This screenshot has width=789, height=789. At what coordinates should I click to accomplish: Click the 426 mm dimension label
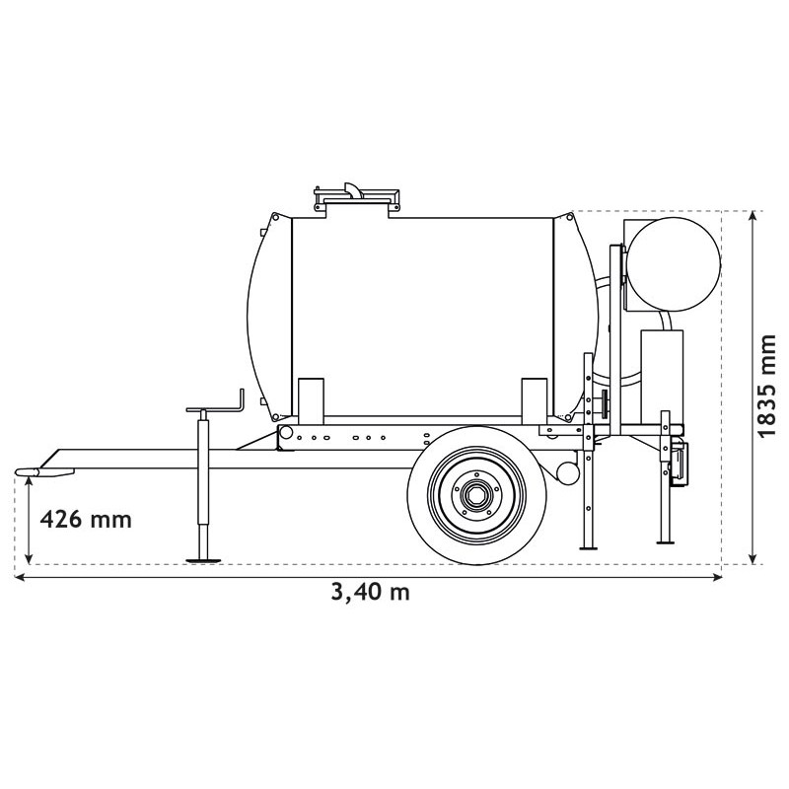point(83,519)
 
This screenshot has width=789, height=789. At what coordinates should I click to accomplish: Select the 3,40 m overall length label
point(370,592)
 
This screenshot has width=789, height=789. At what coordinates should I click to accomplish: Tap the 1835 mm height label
point(767,386)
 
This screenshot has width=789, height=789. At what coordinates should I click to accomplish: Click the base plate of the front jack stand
point(204,560)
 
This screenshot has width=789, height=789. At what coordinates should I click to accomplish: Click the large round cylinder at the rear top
point(675,261)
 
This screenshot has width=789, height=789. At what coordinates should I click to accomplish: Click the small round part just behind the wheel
point(569,471)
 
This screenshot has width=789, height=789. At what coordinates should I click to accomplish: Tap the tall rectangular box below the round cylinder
point(662,370)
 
